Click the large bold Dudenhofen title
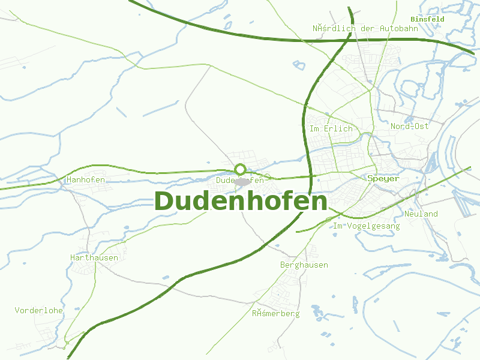[x=241, y=202]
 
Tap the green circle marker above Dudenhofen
[x=240, y=169]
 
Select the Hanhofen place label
[x=86, y=180]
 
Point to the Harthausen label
[x=94, y=257]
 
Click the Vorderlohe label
[x=39, y=310]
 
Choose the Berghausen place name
[x=304, y=265]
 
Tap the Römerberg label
[x=275, y=313]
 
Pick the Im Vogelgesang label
[x=366, y=226]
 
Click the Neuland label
[x=421, y=214]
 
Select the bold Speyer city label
[x=383, y=179]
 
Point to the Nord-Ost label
[x=410, y=127]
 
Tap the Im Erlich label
[x=331, y=129]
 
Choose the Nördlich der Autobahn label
[x=365, y=28]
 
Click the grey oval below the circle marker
[x=242, y=181]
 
